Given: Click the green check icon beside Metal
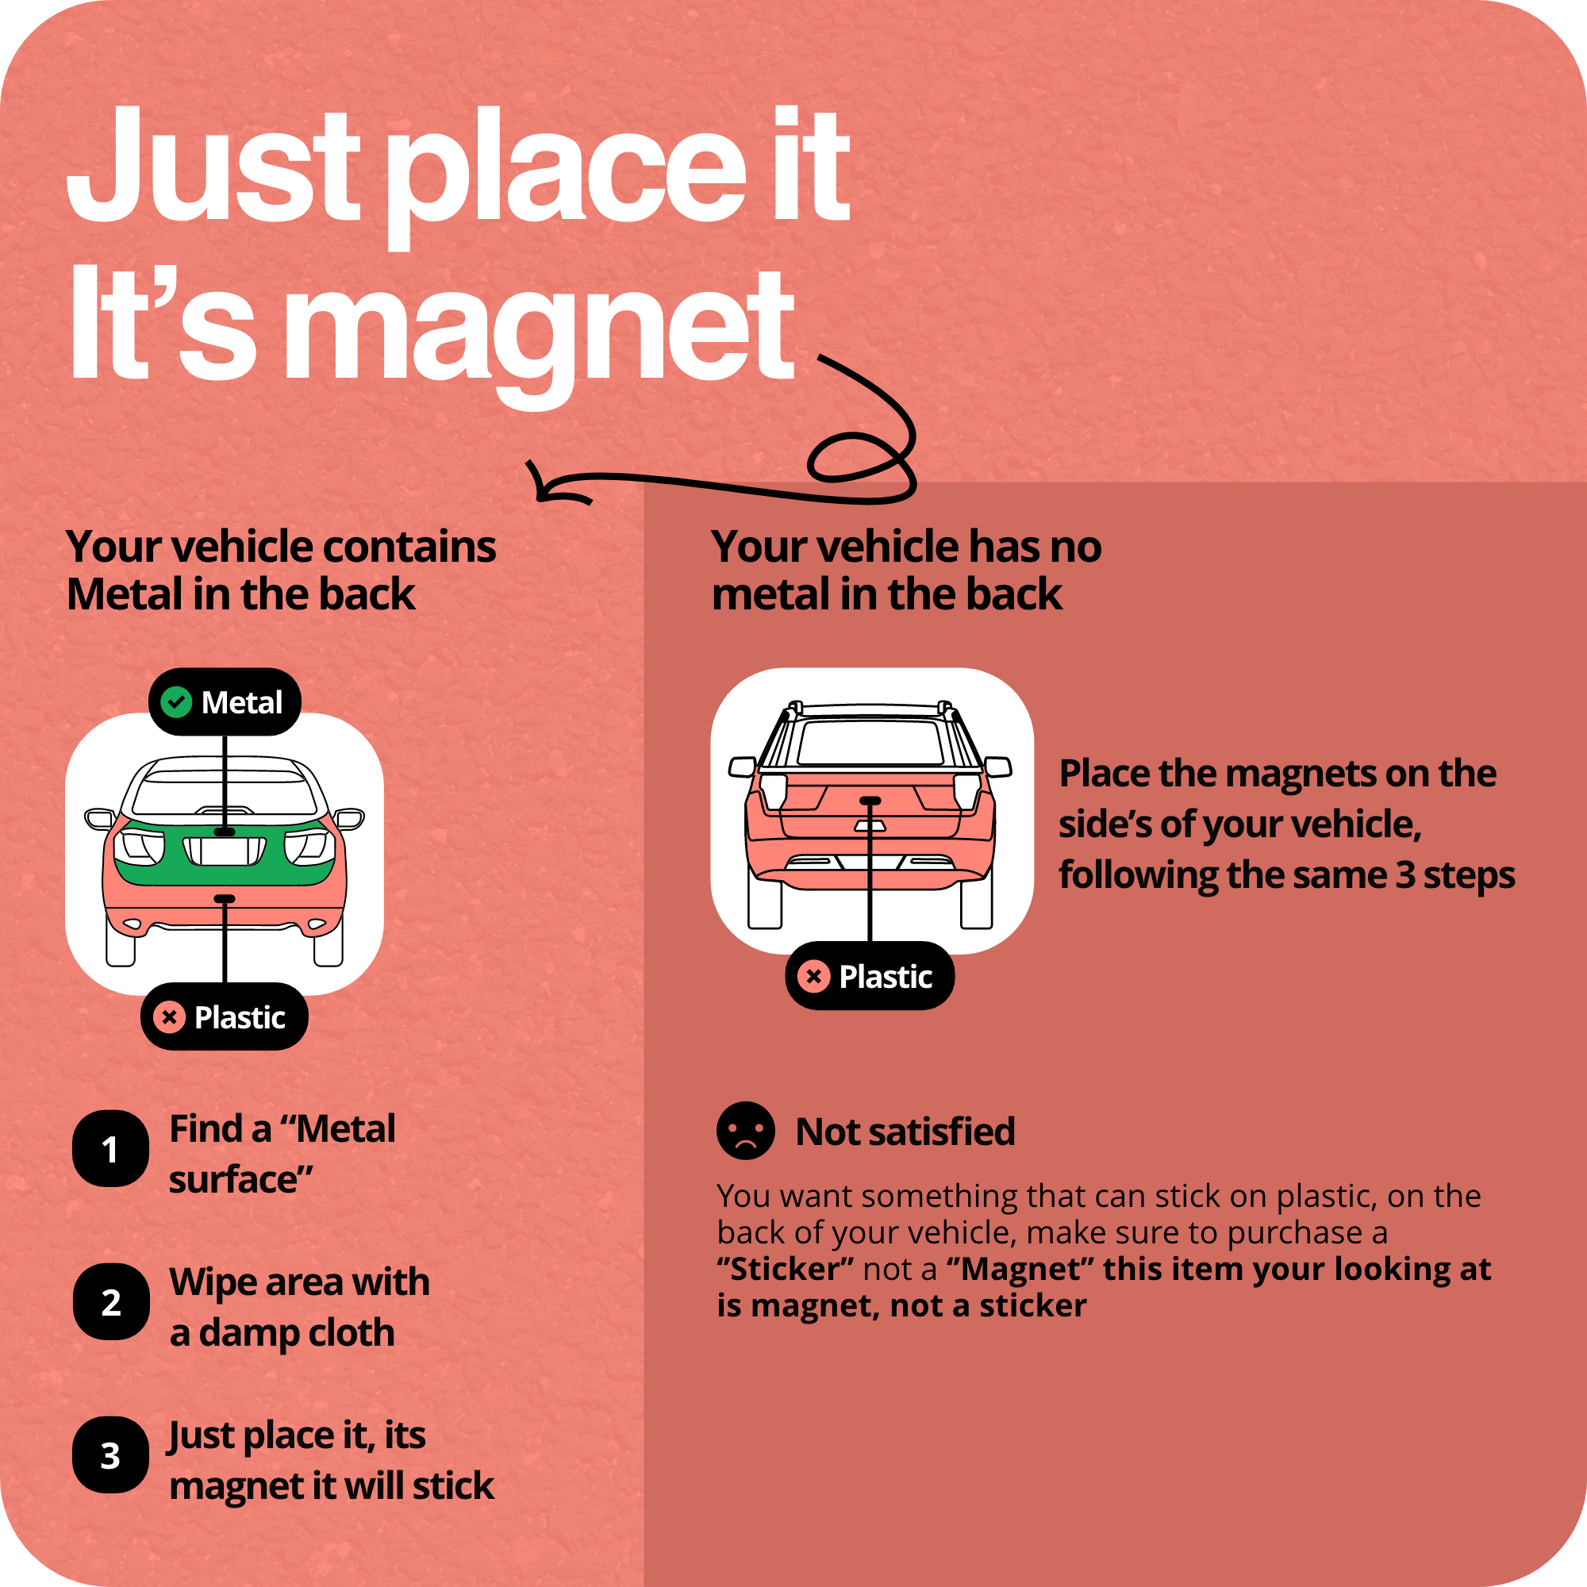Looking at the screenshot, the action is tap(176, 702).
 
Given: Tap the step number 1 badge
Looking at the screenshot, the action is tap(111, 1149).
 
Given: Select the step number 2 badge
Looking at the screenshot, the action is tap(111, 1302).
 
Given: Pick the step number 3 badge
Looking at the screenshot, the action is tap(111, 1455).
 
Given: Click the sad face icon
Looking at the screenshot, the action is tap(746, 1131).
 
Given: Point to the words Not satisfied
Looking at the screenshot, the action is tap(905, 1132).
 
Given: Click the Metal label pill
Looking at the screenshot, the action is tap(225, 702).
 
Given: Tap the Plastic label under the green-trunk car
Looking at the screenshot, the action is tap(225, 1017).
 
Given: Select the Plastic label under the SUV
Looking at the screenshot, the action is tap(870, 976).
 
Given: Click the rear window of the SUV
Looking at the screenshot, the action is tap(870, 741).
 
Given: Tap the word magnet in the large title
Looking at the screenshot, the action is tap(542, 329).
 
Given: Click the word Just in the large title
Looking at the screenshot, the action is tap(213, 164).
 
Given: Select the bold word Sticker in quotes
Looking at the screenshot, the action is tap(786, 1269).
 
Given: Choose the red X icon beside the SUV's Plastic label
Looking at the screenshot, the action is tap(814, 976).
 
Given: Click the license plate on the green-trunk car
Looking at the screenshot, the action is tap(225, 851).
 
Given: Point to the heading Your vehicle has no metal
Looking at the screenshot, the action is tap(906, 570).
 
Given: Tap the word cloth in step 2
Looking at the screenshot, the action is tap(352, 1332).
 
